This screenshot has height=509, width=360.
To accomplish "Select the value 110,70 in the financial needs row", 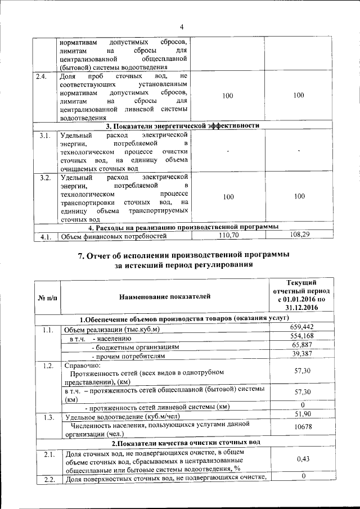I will coord(228,235).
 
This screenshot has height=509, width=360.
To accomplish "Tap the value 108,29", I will coord(299,234).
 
